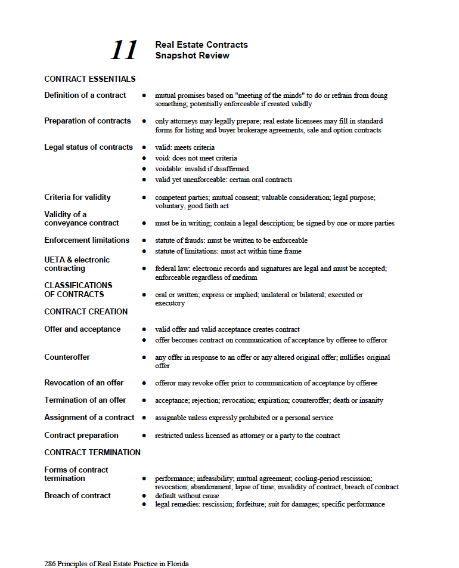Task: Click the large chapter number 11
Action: pos(124,50)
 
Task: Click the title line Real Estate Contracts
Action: pos(201,45)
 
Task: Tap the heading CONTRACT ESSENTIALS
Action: pos(89,79)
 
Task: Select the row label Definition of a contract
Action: pos(85,95)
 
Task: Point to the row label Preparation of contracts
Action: pos(87,121)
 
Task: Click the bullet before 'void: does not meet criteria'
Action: pos(144,158)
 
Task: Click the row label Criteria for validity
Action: pos(77,197)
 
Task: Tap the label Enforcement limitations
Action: pos(86,240)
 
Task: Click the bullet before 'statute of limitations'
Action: pos(144,251)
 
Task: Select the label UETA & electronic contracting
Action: pos(77,264)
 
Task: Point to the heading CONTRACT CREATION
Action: pos(86,311)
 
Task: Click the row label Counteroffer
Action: pos(68,357)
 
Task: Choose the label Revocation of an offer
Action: pos(84,382)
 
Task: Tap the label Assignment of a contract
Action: pos(89,417)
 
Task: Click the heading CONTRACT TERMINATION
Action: pos(92,452)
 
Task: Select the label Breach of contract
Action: pos(77,495)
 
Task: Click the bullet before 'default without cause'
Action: pos(144,496)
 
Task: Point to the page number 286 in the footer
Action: pos(50,563)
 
